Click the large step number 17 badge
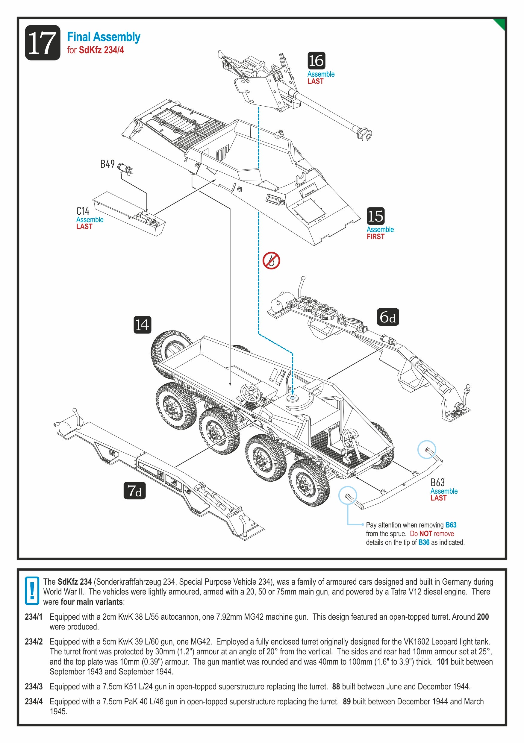coord(43,43)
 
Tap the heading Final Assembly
coord(104,37)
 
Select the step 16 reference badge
coord(316,60)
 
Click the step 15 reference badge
coord(375,216)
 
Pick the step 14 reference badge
coord(143,325)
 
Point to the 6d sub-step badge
coord(388,317)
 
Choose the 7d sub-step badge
coord(134,490)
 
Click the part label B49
coord(107,164)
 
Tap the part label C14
coord(83,211)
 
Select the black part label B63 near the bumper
coord(437,483)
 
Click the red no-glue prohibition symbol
coord(271,260)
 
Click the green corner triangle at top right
coord(500,24)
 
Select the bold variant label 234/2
coord(34,642)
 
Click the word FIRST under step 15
coord(375,236)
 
